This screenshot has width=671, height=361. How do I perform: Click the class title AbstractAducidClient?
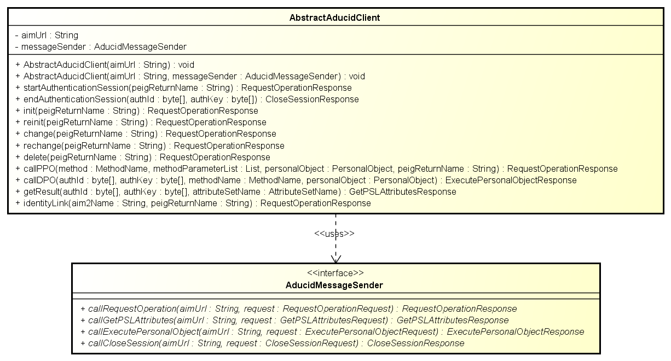click(334, 18)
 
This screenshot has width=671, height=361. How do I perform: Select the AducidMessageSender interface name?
click(334, 285)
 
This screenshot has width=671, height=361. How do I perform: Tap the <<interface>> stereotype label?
click(336, 273)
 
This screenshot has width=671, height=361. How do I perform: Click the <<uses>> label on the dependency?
click(334, 234)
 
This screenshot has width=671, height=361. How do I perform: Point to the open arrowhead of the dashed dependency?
click(336, 259)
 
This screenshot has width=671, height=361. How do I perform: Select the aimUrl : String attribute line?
click(47, 36)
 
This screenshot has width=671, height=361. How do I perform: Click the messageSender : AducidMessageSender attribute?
click(101, 46)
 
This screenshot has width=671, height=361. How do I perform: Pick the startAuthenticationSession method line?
click(183, 88)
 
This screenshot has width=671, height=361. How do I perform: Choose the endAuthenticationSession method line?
click(187, 99)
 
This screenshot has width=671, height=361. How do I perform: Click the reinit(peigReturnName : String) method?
click(141, 122)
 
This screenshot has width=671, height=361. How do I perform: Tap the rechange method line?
click(150, 146)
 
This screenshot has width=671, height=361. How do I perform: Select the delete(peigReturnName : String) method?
click(143, 157)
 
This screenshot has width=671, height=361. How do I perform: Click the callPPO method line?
click(316, 169)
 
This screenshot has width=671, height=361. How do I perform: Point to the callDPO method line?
click(296, 180)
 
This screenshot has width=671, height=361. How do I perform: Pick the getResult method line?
click(236, 191)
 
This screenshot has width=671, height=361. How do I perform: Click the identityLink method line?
click(193, 203)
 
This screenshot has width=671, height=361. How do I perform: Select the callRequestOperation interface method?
click(299, 308)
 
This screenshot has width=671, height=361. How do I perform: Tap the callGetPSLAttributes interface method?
click(294, 321)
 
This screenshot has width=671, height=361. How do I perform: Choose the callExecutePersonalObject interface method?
click(332, 331)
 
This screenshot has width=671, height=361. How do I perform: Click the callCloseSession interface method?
click(273, 343)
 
